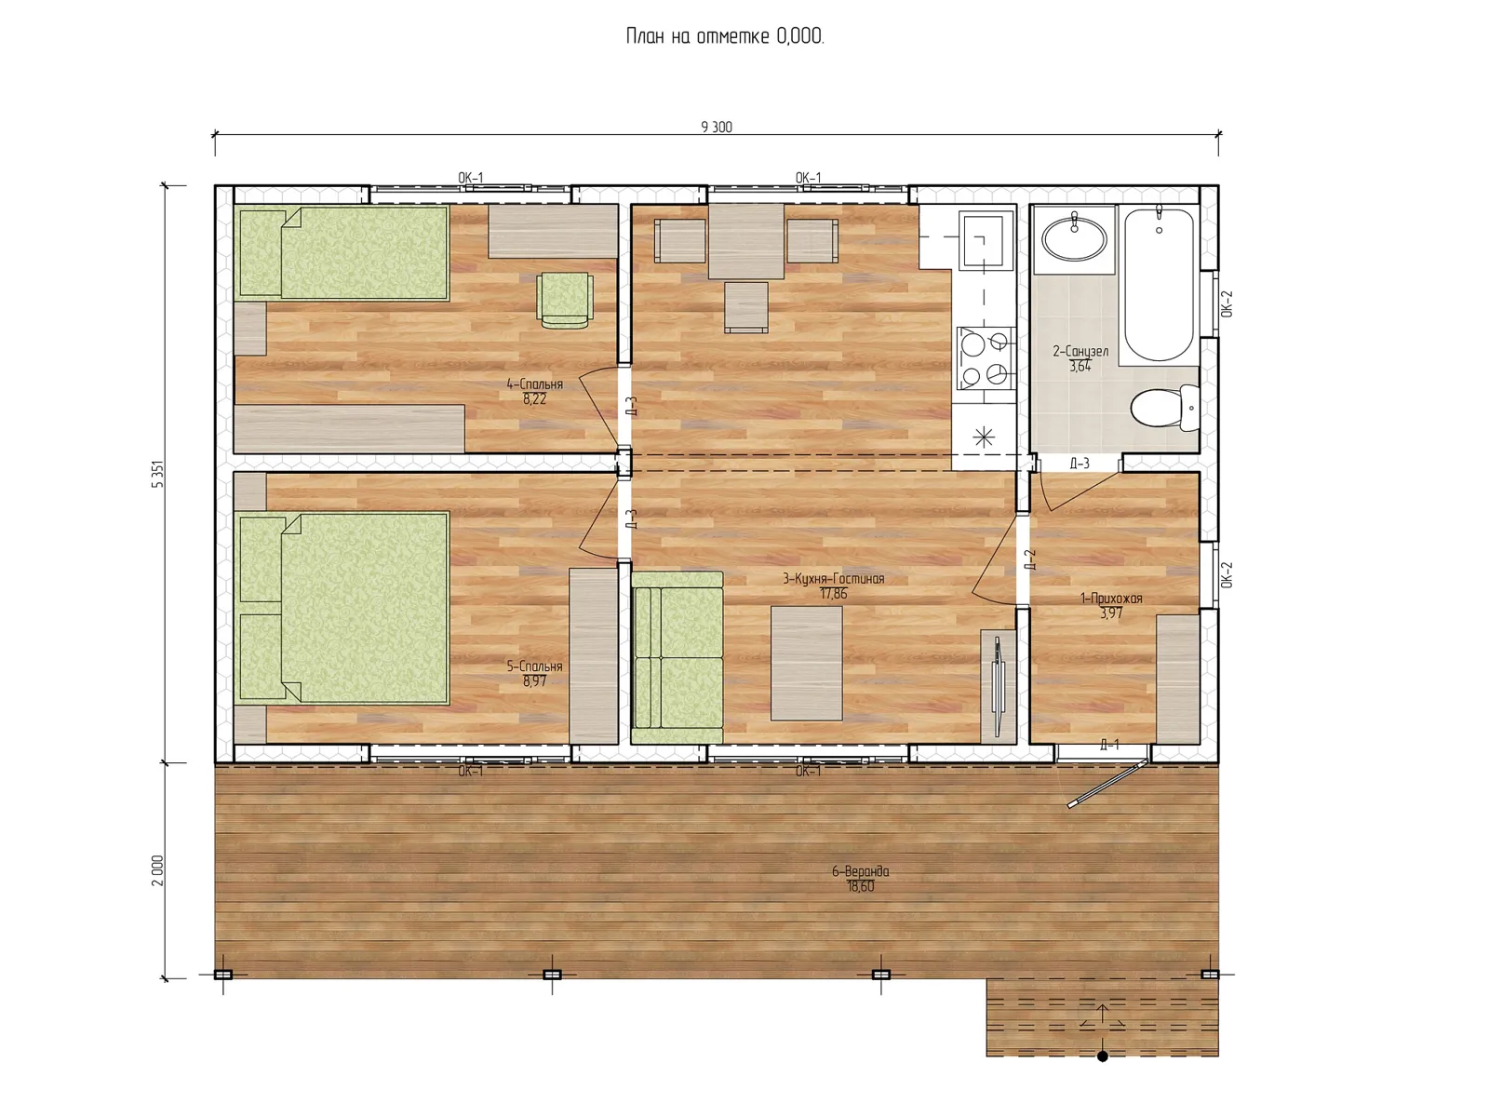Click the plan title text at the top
[724, 36]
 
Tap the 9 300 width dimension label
[717, 127]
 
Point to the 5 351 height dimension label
[157, 474]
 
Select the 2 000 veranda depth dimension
[157, 869]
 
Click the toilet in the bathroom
[1165, 408]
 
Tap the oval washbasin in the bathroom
[1075, 238]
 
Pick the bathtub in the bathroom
[1160, 284]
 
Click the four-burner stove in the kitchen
[986, 358]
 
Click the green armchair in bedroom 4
[564, 300]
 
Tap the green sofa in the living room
[677, 658]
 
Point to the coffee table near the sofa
[807, 664]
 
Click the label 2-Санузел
[1080, 351]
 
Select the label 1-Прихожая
[1111, 599]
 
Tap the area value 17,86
[834, 594]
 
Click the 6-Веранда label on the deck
[860, 871]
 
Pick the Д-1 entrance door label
[1109, 746]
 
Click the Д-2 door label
[1030, 559]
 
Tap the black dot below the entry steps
[1103, 1056]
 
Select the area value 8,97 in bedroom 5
[534, 681]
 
